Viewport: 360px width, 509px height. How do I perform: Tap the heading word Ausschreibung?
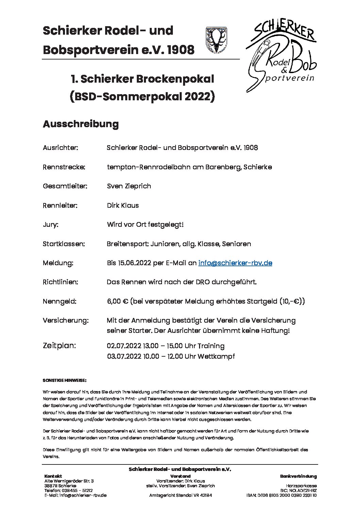pos(81,124)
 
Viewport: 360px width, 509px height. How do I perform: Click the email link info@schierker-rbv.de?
pos(235,263)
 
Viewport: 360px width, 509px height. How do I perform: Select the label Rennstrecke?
pos(64,167)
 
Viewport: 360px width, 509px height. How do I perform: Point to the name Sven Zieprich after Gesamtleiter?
pos(129,186)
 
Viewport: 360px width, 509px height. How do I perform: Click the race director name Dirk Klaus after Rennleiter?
pos(122,205)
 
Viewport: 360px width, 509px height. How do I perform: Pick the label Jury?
pos(50,224)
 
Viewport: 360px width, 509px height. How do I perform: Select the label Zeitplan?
pos(59,345)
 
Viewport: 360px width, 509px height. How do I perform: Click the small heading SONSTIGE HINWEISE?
pos(65,379)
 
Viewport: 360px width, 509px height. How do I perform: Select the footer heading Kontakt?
pos(53,476)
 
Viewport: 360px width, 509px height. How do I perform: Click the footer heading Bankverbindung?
pos(298,476)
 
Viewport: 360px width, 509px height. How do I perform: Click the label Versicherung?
pos(66,320)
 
